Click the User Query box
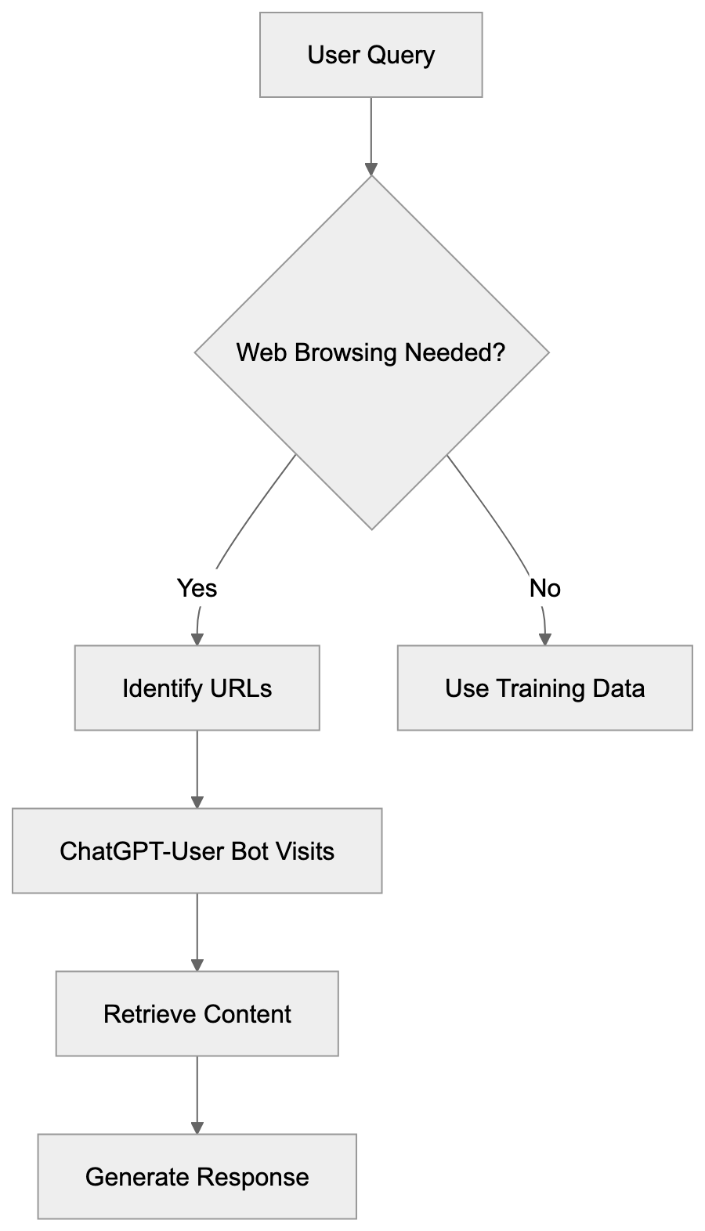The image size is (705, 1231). (x=371, y=55)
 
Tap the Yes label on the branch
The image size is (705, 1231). (x=197, y=587)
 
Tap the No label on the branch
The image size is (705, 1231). (x=544, y=587)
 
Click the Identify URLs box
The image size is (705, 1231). (x=197, y=688)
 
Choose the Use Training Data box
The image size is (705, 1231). (x=544, y=688)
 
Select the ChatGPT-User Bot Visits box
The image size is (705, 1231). (x=197, y=850)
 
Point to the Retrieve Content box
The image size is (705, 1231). (x=197, y=1013)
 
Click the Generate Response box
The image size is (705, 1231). (x=197, y=1176)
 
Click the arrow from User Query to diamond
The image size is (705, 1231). (x=371, y=133)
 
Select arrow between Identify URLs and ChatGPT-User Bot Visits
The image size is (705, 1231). (x=197, y=767)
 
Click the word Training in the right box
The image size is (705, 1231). (x=540, y=688)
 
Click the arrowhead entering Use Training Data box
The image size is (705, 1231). (x=544, y=639)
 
